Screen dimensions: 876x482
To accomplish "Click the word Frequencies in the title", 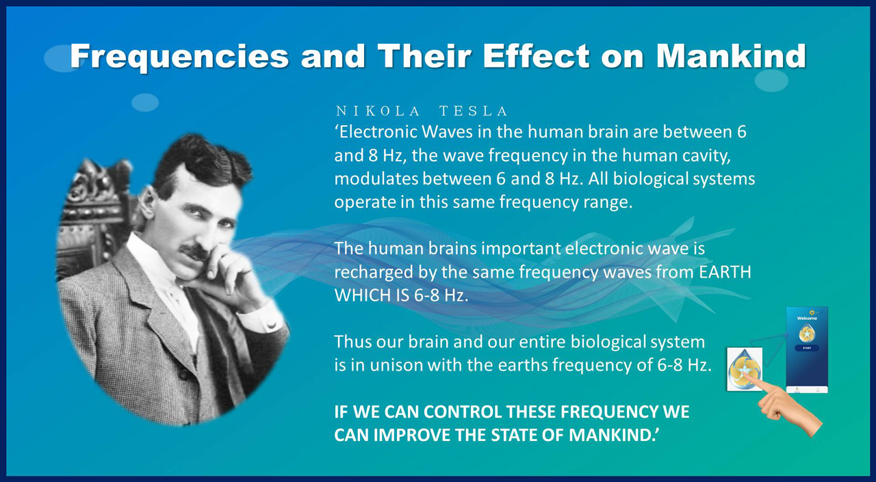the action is click(x=179, y=57).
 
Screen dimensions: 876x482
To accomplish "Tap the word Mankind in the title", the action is click(x=732, y=56).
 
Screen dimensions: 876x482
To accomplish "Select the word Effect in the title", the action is click(x=536, y=56).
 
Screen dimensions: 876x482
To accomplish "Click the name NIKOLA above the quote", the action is click(x=378, y=111).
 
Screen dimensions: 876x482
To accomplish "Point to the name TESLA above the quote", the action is click(x=473, y=111).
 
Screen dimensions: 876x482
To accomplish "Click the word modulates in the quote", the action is click(x=376, y=179).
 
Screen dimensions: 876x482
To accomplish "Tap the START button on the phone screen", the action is click(x=807, y=347).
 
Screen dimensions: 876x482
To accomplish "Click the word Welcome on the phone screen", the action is click(x=807, y=319).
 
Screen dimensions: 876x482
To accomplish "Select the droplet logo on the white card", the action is click(x=744, y=369).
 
